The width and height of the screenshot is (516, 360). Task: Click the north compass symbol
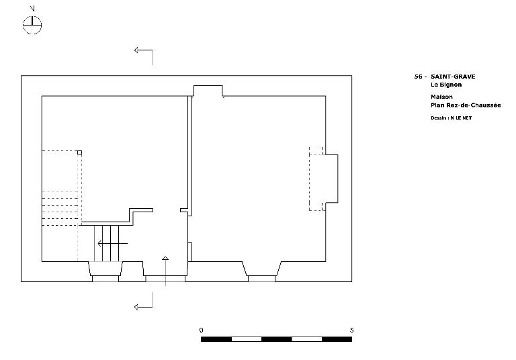click(32, 25)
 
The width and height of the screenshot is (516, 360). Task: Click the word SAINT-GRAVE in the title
click(453, 77)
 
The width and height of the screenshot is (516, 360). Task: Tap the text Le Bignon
click(446, 85)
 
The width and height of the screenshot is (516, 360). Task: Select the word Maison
click(441, 97)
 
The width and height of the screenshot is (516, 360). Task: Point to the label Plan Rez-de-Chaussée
click(466, 105)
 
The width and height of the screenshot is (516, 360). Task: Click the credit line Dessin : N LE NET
click(451, 118)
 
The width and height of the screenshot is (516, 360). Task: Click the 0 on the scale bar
click(202, 330)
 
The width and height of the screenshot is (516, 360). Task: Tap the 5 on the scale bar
click(352, 330)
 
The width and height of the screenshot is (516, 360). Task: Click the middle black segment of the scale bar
click(276, 339)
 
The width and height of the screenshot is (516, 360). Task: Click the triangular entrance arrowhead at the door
click(165, 259)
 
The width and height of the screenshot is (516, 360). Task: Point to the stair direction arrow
click(113, 244)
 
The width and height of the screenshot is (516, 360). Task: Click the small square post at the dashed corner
click(80, 152)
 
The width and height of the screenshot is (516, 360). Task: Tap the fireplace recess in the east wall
click(332, 179)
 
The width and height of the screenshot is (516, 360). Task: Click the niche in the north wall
click(208, 91)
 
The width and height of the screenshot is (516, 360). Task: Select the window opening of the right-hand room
click(261, 271)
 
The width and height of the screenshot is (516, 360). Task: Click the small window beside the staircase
click(105, 271)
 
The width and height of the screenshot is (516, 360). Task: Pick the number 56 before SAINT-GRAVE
click(419, 77)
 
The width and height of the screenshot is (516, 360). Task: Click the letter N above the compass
click(32, 9)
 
